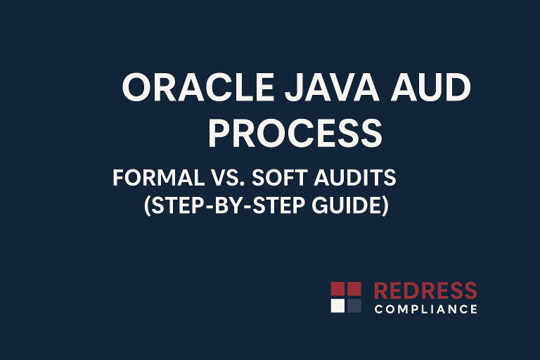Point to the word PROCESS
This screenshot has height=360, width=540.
point(295,132)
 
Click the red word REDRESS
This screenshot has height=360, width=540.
point(425,290)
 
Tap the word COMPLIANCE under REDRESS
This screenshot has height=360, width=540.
point(425,309)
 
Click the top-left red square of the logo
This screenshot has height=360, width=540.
point(337,288)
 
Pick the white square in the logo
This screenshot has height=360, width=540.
point(337,306)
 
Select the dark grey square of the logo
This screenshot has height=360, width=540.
point(354,306)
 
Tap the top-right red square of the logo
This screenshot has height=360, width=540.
point(354,288)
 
